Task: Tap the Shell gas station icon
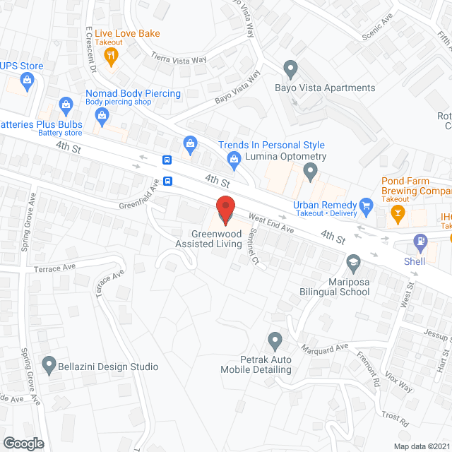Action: pos(420,243)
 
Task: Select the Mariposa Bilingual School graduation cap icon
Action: pos(352,263)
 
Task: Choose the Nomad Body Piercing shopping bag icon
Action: pos(66,105)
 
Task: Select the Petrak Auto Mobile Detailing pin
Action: pos(275,341)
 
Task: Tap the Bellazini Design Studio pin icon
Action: pos(49,366)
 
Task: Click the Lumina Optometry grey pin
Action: pos(309,171)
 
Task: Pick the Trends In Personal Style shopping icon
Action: pos(190,145)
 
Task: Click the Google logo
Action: pos(23,443)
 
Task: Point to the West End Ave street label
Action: pos(270,224)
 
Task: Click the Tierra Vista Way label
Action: pos(179,59)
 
